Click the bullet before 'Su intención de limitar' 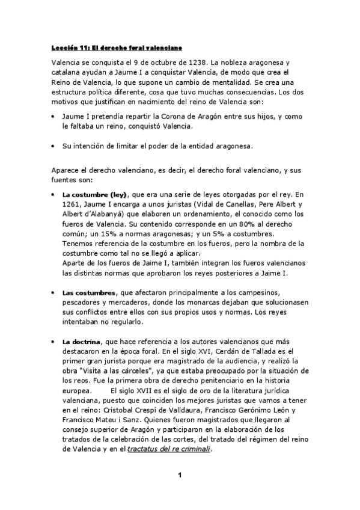point(54,146)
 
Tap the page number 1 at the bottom point(179,476)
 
